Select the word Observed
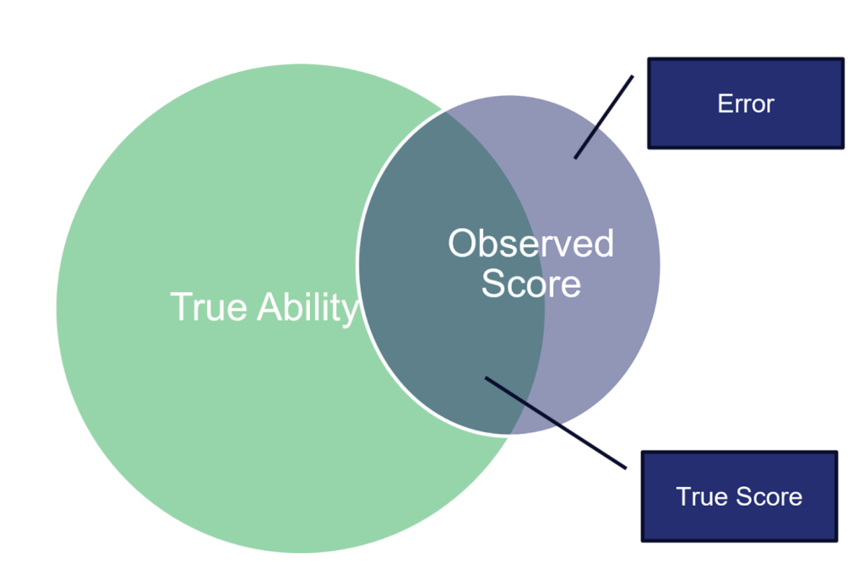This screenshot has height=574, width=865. (530, 244)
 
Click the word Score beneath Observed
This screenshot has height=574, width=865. (530, 284)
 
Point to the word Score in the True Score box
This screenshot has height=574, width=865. (770, 496)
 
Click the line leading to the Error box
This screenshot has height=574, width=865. (605, 116)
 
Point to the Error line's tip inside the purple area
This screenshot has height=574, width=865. (576, 157)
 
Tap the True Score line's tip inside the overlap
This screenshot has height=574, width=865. (487, 378)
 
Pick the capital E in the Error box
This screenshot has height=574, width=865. (724, 104)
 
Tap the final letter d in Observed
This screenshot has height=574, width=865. (602, 244)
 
